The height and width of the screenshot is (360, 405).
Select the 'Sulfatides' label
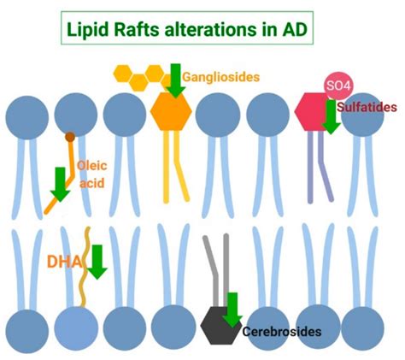369,108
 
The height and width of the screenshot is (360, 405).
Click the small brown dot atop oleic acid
68,136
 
